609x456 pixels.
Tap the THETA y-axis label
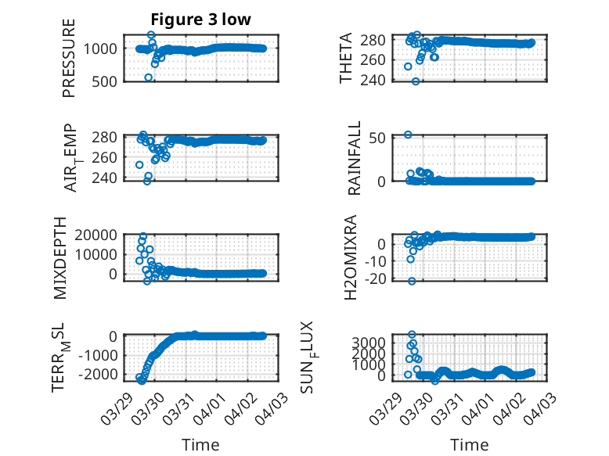[x=345, y=59]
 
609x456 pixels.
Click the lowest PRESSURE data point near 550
[x=149, y=77]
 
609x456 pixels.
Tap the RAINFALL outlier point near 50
[x=408, y=135]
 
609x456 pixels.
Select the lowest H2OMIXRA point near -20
[x=412, y=281]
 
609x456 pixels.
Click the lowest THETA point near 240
[x=416, y=81]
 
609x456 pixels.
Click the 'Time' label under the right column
[x=470, y=444]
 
